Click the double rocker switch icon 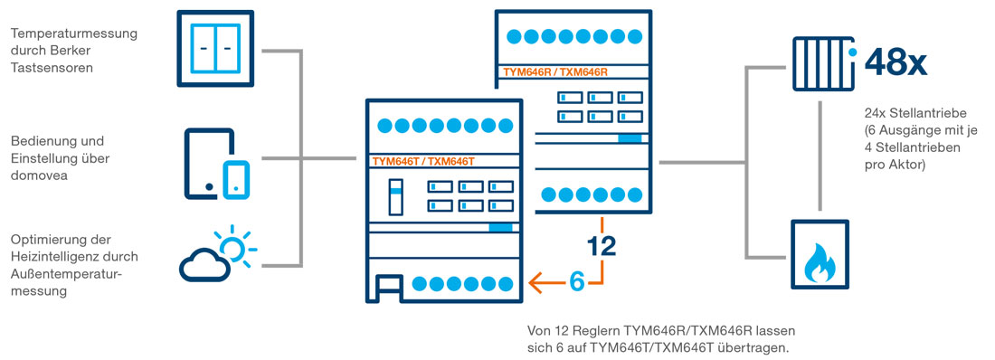(x=215, y=47)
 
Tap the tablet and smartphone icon (x=217, y=163)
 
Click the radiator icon (x=821, y=63)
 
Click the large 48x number (x=896, y=62)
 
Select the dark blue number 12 (x=602, y=245)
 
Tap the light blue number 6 (x=576, y=281)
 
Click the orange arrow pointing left (x=546, y=281)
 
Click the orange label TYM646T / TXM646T (x=423, y=161)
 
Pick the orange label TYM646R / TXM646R (x=554, y=71)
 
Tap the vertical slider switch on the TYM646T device (x=395, y=196)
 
